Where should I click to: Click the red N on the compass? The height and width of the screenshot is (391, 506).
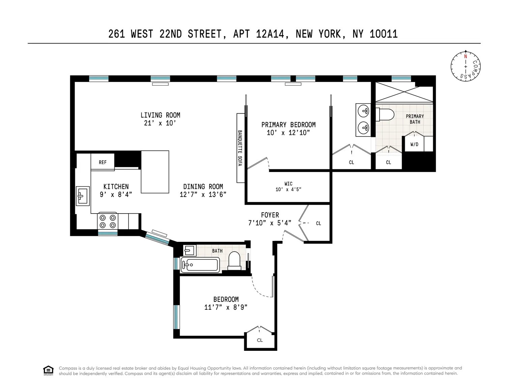point(466,56)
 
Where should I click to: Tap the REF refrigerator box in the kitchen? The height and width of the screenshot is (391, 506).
point(103,162)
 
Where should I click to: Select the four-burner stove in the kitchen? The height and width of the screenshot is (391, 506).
point(108,221)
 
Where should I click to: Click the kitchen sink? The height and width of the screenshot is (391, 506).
point(83,196)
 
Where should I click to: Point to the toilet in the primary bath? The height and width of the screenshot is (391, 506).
point(385,115)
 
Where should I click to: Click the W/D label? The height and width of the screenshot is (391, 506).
point(414,144)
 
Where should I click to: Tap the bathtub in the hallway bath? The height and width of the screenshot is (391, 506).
point(200,264)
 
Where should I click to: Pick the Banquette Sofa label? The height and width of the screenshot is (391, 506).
point(240,148)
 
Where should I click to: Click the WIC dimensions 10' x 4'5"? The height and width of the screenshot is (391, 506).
point(288,189)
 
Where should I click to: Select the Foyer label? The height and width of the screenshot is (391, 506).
point(270,215)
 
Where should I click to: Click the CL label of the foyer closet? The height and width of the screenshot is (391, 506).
point(318,223)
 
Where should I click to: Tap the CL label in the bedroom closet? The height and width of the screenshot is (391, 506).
point(260,340)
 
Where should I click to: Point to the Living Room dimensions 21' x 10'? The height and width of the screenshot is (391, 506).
point(160,123)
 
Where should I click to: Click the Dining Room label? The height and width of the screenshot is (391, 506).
point(203,187)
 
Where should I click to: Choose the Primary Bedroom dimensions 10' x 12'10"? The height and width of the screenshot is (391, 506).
point(288,133)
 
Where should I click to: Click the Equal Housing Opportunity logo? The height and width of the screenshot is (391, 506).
point(48,370)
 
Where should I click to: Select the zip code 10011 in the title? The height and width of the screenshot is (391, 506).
point(384,34)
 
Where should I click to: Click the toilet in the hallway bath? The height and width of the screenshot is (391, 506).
point(234,260)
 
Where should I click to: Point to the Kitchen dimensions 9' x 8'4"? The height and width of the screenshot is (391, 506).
point(116,194)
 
